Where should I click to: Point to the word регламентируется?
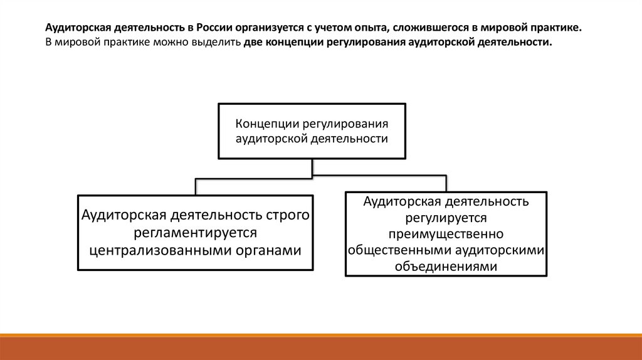tap(196, 233)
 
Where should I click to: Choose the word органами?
tap(267, 250)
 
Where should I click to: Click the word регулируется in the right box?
tap(446, 217)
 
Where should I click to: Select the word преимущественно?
tap(446, 233)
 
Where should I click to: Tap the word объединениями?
tap(446, 266)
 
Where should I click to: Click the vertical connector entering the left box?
tap(196, 186)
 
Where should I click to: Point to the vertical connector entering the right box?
tap(446, 183)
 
